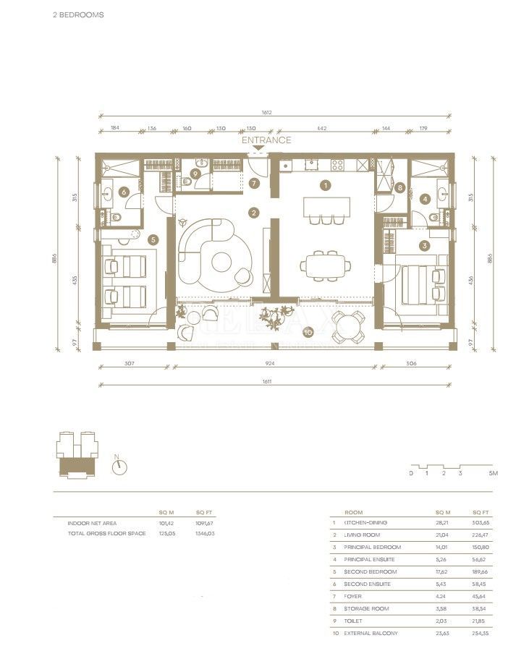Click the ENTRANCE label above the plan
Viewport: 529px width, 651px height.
pyautogui.click(x=266, y=140)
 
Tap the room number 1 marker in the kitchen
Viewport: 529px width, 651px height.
pyautogui.click(x=326, y=185)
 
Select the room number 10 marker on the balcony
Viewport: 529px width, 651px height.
pyautogui.click(x=308, y=333)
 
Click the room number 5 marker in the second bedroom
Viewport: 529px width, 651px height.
pyautogui.click(x=153, y=239)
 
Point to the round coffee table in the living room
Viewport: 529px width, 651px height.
pyautogui.click(x=222, y=263)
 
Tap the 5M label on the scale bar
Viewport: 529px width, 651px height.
pyautogui.click(x=494, y=473)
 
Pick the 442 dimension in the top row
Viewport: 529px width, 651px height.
pyautogui.click(x=322, y=128)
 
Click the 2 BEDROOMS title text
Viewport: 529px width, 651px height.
pyautogui.click(x=78, y=14)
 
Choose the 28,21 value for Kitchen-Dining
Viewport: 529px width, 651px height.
pyautogui.click(x=442, y=522)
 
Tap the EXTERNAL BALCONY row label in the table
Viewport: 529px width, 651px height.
pyautogui.click(x=371, y=634)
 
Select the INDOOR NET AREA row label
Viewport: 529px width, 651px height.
pyautogui.click(x=92, y=522)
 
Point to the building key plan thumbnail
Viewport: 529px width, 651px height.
pyautogui.click(x=77, y=454)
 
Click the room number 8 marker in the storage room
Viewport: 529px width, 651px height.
pyautogui.click(x=400, y=187)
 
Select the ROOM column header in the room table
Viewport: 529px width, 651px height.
pyautogui.click(x=354, y=511)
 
